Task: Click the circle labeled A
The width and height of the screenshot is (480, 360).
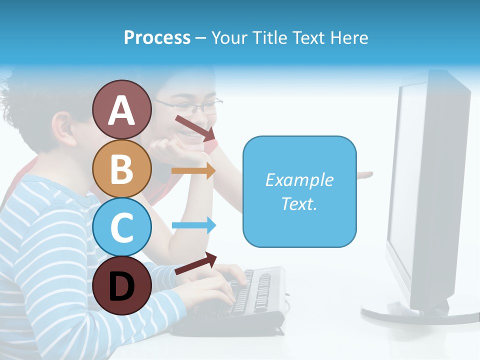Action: coord(121,109)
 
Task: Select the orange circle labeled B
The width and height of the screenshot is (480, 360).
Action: coord(121,168)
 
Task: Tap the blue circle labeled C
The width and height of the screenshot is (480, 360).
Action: coord(121,227)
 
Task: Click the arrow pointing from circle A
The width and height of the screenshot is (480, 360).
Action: coord(195,128)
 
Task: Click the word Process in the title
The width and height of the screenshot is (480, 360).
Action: coord(157,37)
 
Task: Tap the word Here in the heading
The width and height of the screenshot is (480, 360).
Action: coord(347,37)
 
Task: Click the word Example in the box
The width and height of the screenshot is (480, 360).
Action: coord(299,180)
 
